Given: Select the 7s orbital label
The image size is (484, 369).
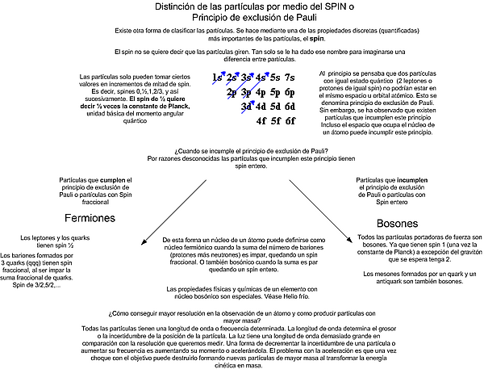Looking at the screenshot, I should (290, 78).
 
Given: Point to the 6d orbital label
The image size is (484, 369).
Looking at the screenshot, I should (291, 107).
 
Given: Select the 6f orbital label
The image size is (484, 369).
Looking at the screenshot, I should (291, 122).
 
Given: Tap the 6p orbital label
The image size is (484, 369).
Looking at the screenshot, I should (291, 93).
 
